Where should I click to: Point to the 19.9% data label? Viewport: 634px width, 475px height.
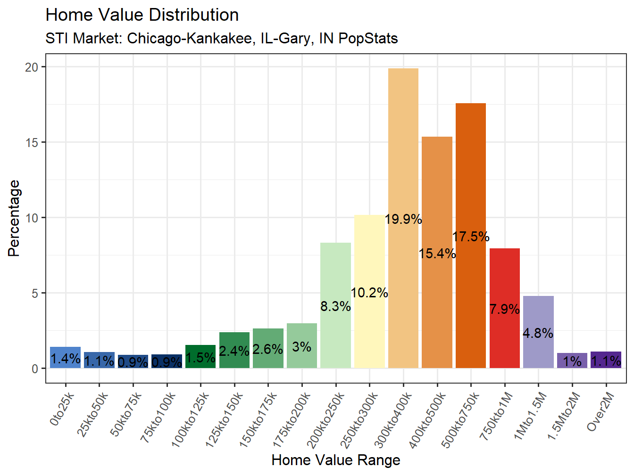[403, 219]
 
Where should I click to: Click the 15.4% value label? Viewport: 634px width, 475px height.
[437, 254]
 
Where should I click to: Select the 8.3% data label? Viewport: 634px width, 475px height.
[335, 306]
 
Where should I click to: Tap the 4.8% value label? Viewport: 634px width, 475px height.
[538, 333]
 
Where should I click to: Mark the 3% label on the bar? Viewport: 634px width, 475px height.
[301, 347]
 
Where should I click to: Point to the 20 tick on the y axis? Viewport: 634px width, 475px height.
[32, 67]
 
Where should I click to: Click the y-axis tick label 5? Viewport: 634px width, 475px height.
[35, 294]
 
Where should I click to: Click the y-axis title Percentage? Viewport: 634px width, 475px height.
[14, 218]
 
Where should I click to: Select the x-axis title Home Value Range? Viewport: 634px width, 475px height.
[336, 460]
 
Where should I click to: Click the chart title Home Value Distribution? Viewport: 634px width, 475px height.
[142, 15]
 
